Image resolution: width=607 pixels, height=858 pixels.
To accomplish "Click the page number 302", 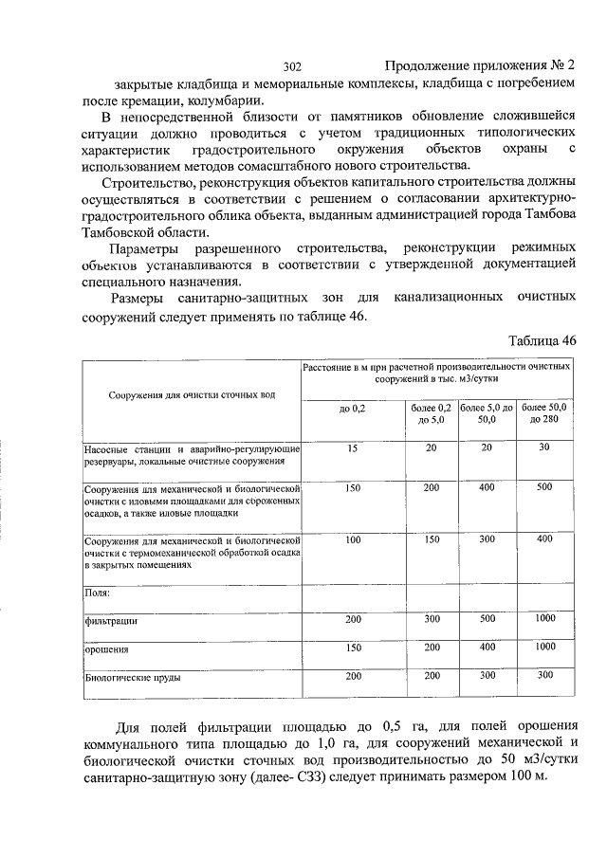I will pyautogui.click(x=292, y=66).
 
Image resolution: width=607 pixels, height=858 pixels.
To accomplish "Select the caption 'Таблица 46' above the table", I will pyautogui.click(x=542, y=341).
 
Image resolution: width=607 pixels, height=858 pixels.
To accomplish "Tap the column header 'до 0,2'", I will pyautogui.click(x=352, y=409).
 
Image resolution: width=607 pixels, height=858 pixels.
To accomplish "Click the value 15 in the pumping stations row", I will pyautogui.click(x=352, y=447).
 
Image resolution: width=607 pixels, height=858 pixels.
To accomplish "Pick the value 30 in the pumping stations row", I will pyautogui.click(x=543, y=447).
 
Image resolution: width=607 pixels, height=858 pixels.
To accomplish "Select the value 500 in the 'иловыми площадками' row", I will pyautogui.click(x=543, y=487).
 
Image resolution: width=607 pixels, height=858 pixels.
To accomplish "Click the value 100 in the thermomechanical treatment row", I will pyautogui.click(x=352, y=539).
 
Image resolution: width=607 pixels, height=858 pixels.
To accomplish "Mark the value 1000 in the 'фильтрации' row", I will pyautogui.click(x=543, y=619).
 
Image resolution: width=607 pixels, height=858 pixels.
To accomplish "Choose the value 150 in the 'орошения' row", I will pyautogui.click(x=352, y=648).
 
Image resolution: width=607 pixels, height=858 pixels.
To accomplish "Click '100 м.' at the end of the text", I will pyautogui.click(x=527, y=777).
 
